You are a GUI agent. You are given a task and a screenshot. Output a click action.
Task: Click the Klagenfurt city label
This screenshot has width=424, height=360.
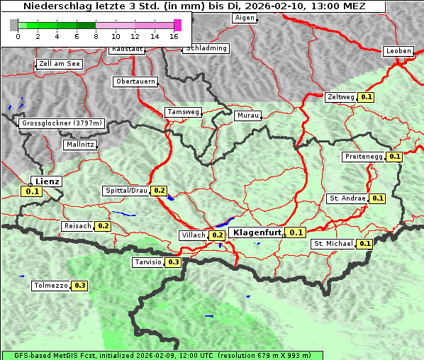pyautogui.click(x=257, y=232)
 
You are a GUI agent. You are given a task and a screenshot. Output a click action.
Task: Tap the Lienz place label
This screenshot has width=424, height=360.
pyautogui.click(x=47, y=181)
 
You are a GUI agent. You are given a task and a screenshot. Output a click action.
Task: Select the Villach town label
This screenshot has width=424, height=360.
pyautogui.click(x=193, y=235)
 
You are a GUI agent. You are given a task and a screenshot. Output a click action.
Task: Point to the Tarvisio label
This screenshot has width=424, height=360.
pyautogui.click(x=147, y=262)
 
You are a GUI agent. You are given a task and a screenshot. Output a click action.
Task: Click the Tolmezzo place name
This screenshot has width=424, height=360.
pyautogui.click(x=50, y=286)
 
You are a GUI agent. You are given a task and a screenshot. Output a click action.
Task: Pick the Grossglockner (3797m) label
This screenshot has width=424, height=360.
pyautogui.click(x=62, y=123)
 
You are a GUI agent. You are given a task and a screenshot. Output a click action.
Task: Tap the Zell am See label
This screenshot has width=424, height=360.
pyautogui.click(x=60, y=64)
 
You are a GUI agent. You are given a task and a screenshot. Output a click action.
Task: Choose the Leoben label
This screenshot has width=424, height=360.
pyautogui.click(x=397, y=51)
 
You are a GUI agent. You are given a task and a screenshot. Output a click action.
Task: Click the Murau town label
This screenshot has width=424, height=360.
pyautogui.click(x=248, y=115)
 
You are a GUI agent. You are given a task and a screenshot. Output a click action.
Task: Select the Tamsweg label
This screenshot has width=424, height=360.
pyautogui.click(x=184, y=112)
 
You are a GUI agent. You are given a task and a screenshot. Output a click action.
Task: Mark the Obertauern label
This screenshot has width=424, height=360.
pyautogui.click(x=135, y=81)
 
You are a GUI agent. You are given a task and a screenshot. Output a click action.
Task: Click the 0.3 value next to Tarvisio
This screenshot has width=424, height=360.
pyautogui.click(x=174, y=262)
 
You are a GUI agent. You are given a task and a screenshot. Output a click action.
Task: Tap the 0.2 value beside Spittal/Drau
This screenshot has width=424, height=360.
pyautogui.click(x=159, y=191)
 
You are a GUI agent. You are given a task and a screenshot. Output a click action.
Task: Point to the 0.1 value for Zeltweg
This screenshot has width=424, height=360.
pyautogui.click(x=367, y=97)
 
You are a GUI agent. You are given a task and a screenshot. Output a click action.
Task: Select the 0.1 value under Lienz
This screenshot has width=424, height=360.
pyautogui.click(x=33, y=191)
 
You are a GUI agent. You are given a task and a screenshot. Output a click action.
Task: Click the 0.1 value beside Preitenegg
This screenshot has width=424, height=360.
pyautogui.click(x=395, y=157)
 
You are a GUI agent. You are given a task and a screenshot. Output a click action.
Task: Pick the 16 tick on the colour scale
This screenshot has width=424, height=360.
pyautogui.click(x=174, y=35)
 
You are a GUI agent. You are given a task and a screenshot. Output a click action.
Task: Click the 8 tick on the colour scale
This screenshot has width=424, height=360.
pyautogui.click(x=96, y=35)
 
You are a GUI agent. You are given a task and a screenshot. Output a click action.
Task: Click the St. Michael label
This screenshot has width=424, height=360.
pyautogui.click(x=333, y=244)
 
